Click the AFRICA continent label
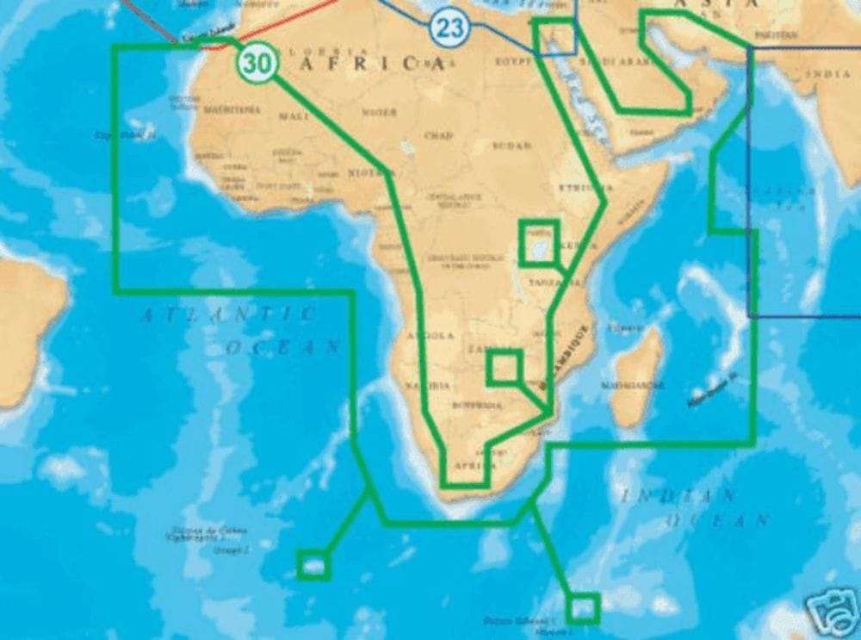(x=371, y=63)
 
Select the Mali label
(x=293, y=115)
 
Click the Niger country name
(x=379, y=113)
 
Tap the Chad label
(x=438, y=135)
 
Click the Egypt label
(x=512, y=63)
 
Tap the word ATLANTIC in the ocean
(x=228, y=315)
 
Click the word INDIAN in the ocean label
(x=680, y=495)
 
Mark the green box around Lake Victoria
(x=540, y=242)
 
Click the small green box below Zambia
(x=504, y=367)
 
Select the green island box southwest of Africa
(x=313, y=565)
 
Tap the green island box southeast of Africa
(x=583, y=607)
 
